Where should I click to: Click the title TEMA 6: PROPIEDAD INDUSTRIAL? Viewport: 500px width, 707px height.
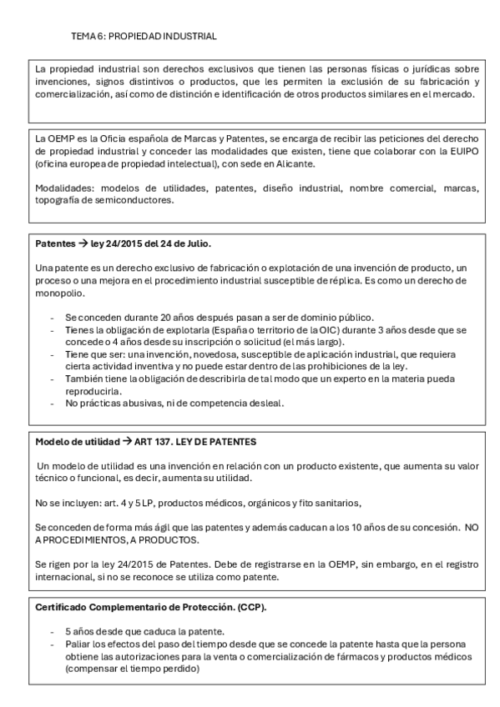coord(144,37)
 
